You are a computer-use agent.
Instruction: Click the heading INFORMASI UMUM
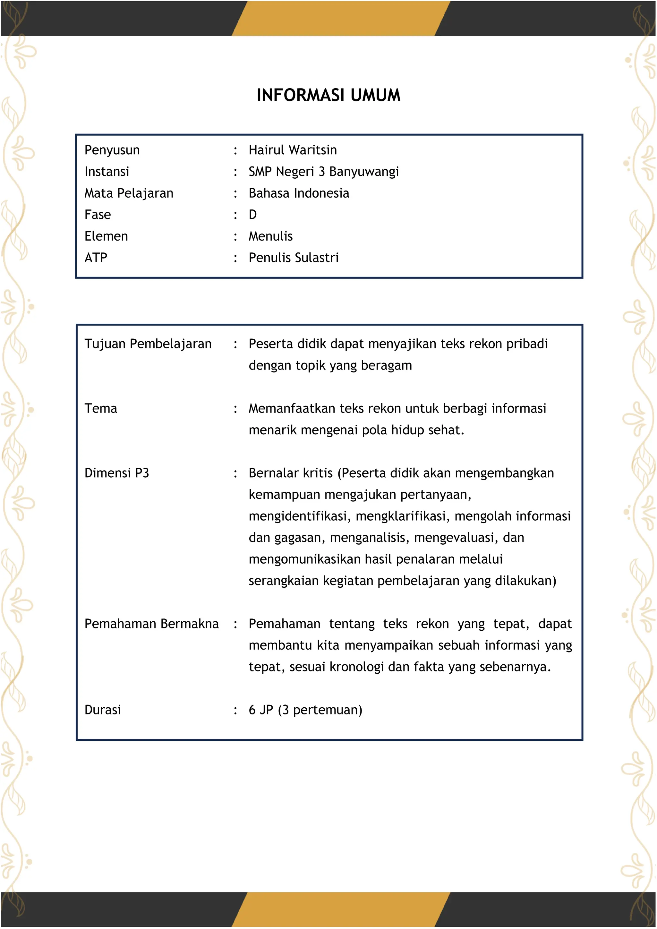[x=328, y=95]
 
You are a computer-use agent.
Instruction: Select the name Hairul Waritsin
[x=293, y=150]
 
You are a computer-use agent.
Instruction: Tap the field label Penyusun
[x=112, y=150]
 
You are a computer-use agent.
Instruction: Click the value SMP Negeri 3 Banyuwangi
[x=324, y=172]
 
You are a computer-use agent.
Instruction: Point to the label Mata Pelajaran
[x=129, y=193]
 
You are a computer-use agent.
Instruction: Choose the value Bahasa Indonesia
[x=299, y=193]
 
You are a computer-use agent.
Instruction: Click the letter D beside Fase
[x=253, y=215]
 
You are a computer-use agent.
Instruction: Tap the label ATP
[x=96, y=257]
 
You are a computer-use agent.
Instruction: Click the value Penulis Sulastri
[x=293, y=257]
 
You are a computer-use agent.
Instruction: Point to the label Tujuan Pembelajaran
[x=148, y=344]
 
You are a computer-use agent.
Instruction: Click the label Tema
[x=101, y=408]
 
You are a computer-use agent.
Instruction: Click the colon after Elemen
[x=235, y=237]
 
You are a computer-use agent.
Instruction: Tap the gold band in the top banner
[x=341, y=18]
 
